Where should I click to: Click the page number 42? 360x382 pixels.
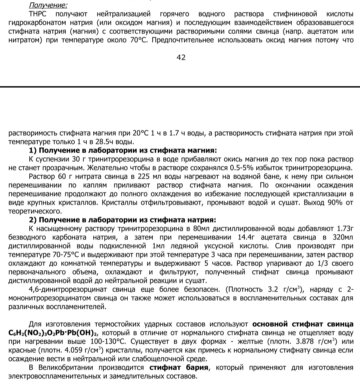coord(181,57)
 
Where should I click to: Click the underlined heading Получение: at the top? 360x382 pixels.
coord(48,5)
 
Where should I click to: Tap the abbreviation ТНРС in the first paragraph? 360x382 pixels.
coord(39,14)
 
